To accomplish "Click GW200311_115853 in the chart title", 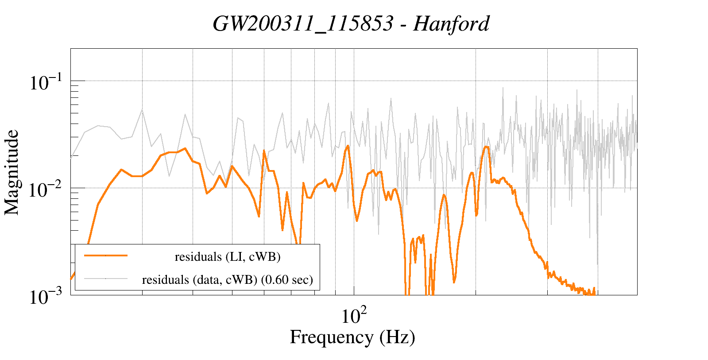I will coord(303,23).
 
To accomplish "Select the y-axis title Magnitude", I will coord(12,173).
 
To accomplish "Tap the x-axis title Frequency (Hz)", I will coord(352,337).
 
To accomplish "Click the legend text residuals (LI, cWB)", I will coord(228,257).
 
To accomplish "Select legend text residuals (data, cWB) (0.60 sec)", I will coord(227,280).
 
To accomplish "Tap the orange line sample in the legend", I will coord(106,255).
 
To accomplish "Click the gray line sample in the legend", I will coord(106,279).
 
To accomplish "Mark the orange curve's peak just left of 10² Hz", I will coord(348,146).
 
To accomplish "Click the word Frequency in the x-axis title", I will coord(331,337).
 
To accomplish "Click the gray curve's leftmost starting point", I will coord(71,157).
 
